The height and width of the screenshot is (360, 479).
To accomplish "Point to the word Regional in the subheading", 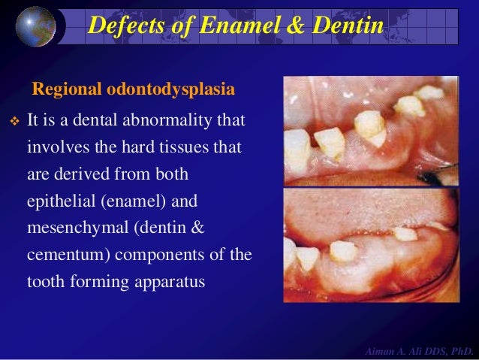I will pyautogui.click(x=65, y=90).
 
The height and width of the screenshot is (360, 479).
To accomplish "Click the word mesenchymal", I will pyautogui.click(x=71, y=228).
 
